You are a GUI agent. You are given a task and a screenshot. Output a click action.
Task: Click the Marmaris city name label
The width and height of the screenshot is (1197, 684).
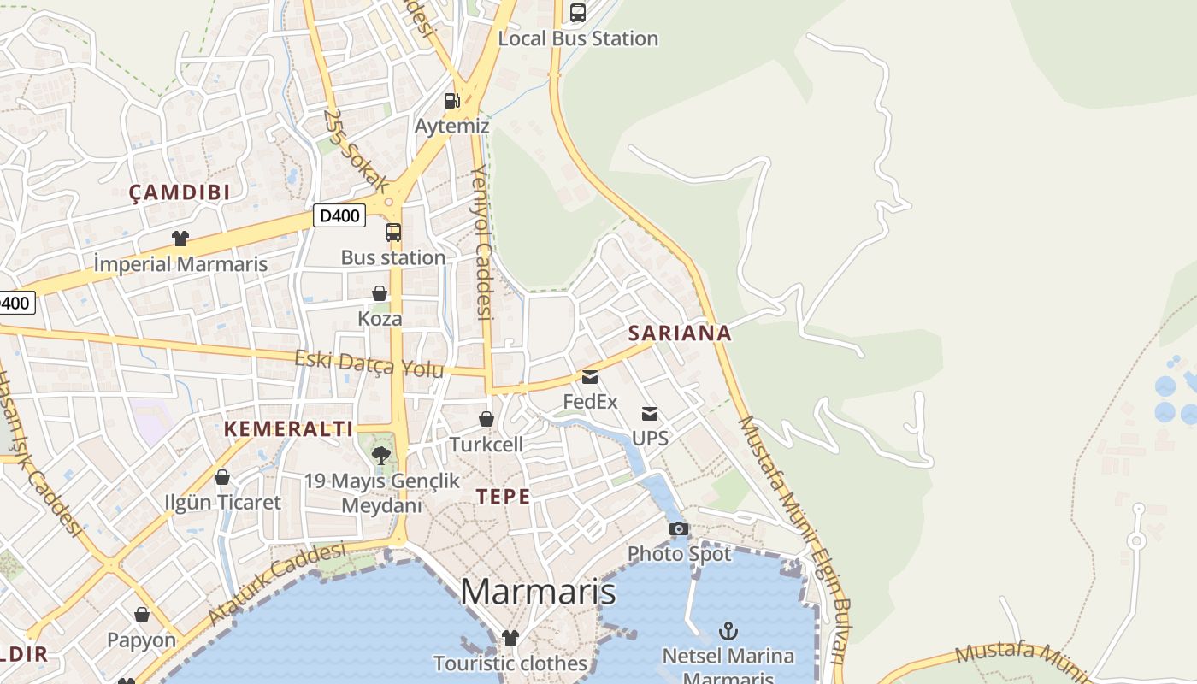538,592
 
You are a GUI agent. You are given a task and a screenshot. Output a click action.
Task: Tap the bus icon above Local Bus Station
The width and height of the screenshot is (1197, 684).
578,13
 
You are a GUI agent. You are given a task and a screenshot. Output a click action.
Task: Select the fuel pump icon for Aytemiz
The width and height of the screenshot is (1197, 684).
451,101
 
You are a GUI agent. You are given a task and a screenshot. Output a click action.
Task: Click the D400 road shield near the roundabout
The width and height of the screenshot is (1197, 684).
339,215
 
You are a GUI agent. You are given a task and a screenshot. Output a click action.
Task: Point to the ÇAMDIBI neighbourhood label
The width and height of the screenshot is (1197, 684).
180,192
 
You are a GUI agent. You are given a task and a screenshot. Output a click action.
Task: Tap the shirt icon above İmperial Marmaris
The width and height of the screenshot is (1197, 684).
180,238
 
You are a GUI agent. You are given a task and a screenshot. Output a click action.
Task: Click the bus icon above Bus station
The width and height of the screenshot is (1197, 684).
393,232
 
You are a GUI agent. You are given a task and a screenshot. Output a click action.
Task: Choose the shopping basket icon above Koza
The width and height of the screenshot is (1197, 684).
380,293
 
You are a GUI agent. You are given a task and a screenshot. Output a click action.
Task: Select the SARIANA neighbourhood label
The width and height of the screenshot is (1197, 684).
680,333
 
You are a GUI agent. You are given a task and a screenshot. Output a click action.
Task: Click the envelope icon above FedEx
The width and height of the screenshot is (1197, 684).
590,376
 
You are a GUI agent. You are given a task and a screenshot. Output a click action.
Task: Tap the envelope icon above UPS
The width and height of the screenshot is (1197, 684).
650,414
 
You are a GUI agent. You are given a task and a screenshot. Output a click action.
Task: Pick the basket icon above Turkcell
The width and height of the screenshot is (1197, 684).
486,419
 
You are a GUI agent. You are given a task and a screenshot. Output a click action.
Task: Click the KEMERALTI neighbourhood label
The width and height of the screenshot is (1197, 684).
288,429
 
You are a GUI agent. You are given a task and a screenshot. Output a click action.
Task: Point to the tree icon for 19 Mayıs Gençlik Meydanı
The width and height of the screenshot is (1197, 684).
381,455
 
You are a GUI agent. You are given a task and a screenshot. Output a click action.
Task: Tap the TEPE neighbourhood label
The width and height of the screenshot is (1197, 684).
503,497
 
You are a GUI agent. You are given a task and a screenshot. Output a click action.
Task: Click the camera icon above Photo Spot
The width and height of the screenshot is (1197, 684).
679,528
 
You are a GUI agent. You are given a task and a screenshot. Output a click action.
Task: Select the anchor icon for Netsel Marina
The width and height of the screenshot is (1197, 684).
728,631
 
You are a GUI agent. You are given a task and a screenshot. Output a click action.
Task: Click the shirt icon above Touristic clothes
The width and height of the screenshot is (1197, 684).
510,637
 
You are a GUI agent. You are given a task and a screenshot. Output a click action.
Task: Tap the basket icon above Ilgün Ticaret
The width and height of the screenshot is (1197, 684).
222,477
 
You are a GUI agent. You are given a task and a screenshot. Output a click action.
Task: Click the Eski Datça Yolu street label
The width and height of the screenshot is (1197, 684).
369,363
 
